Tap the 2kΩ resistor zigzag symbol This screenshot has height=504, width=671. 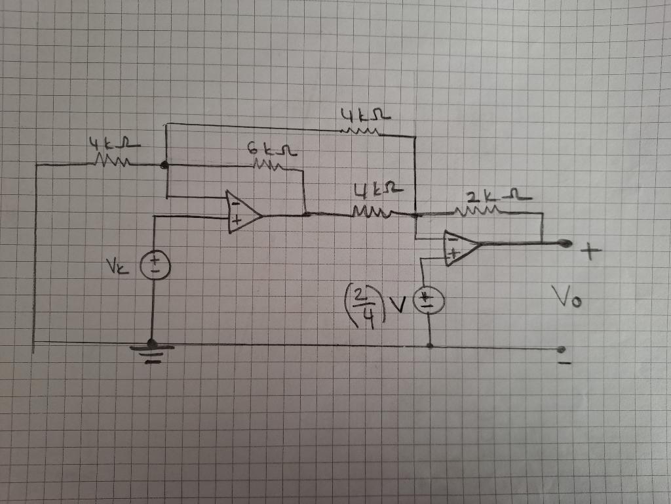click(x=482, y=211)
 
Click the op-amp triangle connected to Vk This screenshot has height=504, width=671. click(x=243, y=213)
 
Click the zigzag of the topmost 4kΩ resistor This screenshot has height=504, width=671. click(x=360, y=132)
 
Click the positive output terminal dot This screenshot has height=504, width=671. click(x=564, y=243)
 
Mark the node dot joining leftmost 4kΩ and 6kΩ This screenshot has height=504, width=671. click(x=164, y=165)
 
